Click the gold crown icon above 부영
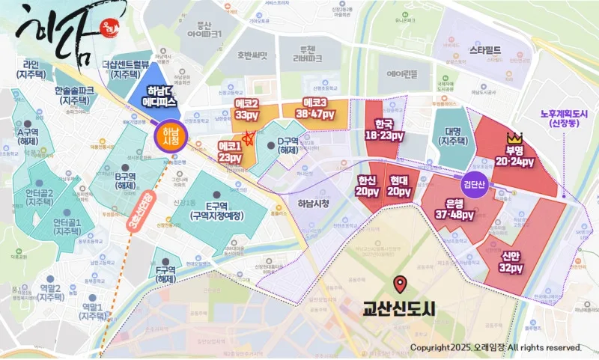pyautogui.click(x=514, y=138)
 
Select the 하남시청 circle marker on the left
pyautogui.click(x=170, y=135)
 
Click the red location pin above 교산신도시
pyautogui.click(x=400, y=285)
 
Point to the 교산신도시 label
pyautogui.click(x=399, y=307)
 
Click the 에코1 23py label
pyautogui.click(x=230, y=153)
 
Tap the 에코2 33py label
pyautogui.click(x=246, y=109)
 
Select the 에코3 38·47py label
pyautogui.click(x=320, y=109)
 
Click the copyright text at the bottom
pyautogui.click(x=496, y=348)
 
